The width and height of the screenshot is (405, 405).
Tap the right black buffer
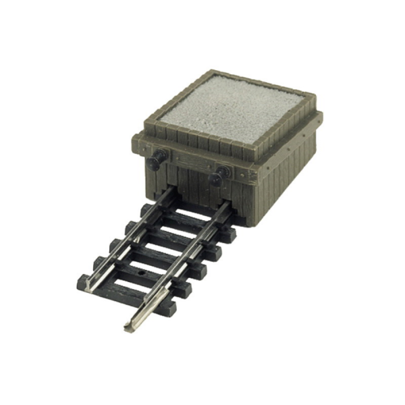218,178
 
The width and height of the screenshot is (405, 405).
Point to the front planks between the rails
192,189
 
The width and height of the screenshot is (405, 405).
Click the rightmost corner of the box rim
321,118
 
